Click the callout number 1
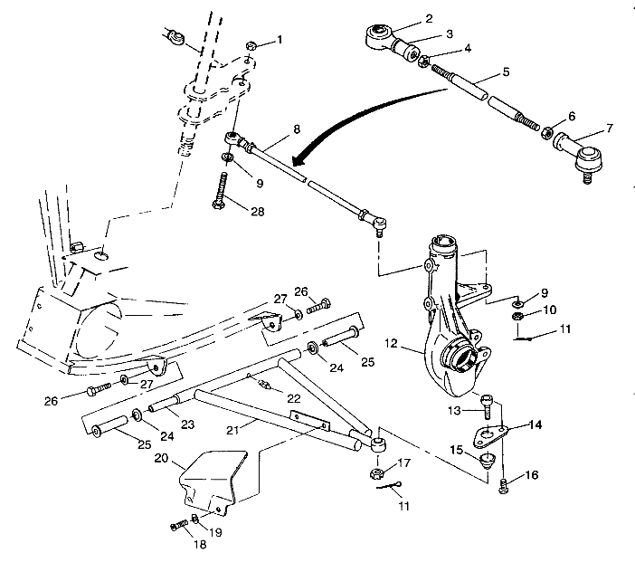point(280,40)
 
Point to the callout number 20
point(162,460)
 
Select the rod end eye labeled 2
point(375,37)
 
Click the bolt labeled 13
point(488,405)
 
